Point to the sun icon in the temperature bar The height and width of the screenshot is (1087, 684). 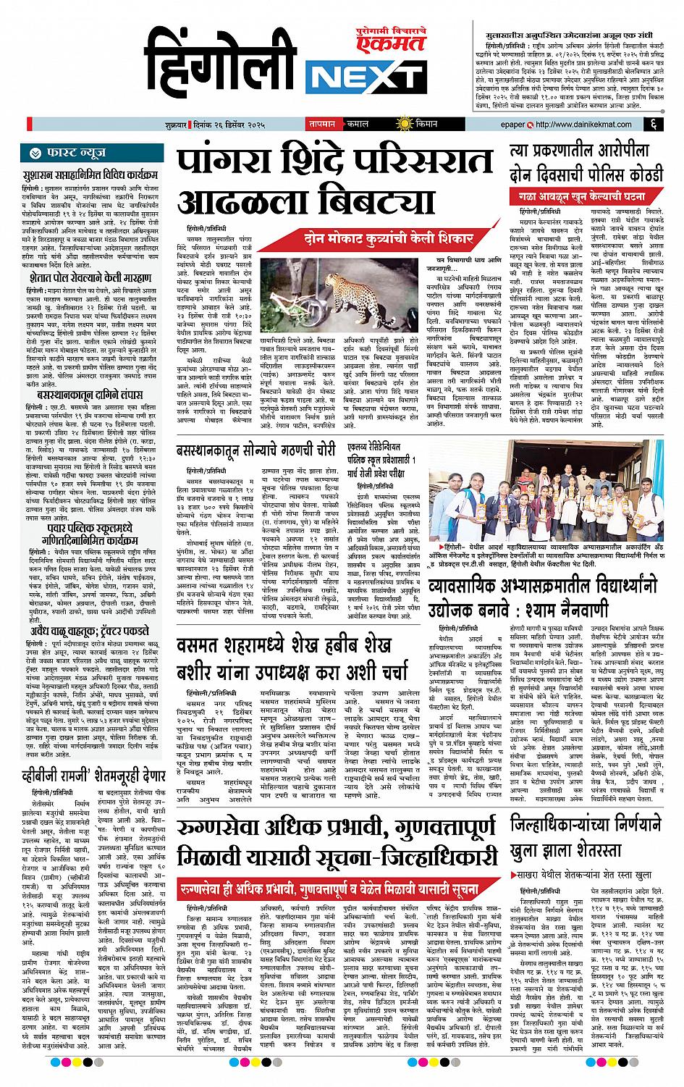coord(399,124)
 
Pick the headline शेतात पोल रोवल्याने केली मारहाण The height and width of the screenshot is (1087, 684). coord(89,277)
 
